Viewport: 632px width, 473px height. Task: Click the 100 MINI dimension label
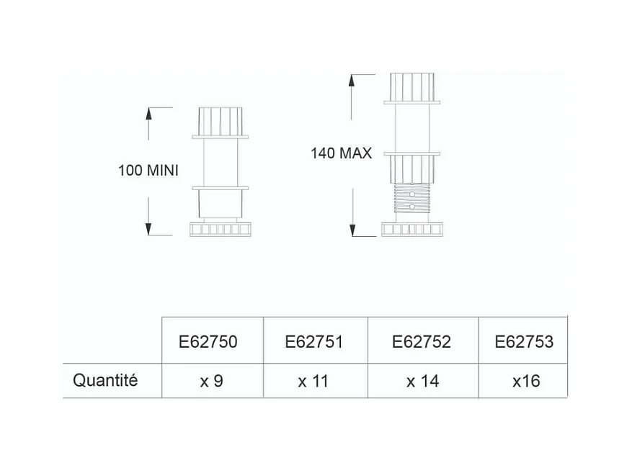click(148, 171)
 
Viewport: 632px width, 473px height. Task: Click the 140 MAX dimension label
click(341, 153)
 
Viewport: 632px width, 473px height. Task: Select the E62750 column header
click(208, 342)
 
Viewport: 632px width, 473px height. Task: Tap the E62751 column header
click(314, 342)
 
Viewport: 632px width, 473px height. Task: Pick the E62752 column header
click(421, 342)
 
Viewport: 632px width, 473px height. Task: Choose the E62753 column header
click(524, 342)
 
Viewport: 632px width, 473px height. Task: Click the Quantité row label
click(105, 380)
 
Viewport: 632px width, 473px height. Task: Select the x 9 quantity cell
click(212, 381)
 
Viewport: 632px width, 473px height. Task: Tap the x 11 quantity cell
click(313, 381)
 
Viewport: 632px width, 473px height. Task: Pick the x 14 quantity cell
click(423, 381)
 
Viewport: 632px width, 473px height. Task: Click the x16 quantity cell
click(526, 381)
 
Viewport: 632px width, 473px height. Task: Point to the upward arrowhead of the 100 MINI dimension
click(148, 114)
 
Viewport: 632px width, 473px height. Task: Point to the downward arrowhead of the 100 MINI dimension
click(148, 229)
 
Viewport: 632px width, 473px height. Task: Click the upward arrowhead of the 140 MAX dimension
click(352, 81)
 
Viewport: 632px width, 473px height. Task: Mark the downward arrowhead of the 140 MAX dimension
click(352, 230)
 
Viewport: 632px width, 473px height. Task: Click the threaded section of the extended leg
click(412, 198)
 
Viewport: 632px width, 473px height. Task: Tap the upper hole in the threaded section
click(412, 194)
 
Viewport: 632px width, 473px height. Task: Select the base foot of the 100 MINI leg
click(220, 229)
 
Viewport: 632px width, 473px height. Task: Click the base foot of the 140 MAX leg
click(412, 229)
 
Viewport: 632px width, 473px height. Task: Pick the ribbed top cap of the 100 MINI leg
click(221, 121)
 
